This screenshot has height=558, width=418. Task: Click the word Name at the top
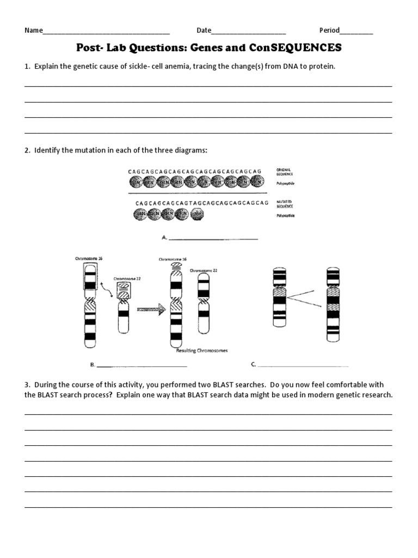click(x=33, y=30)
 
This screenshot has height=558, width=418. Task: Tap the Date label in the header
click(x=204, y=30)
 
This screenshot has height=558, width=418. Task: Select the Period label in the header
click(x=329, y=30)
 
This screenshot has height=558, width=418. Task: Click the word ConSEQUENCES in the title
click(x=296, y=48)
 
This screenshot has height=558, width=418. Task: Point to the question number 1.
click(x=27, y=66)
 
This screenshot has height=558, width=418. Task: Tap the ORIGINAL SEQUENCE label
click(x=285, y=173)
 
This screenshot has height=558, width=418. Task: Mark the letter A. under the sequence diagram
click(x=164, y=238)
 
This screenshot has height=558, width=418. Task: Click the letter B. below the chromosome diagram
click(x=92, y=364)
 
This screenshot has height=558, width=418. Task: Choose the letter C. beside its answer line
click(x=253, y=364)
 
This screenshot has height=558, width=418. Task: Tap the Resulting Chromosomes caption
click(x=201, y=351)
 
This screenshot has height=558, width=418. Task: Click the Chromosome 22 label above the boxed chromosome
click(x=127, y=278)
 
